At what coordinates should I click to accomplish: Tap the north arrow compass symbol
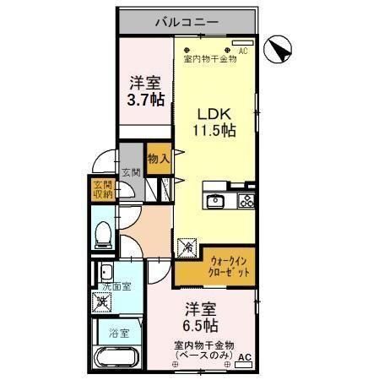coord(279,51)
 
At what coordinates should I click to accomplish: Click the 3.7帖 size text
coord(144,100)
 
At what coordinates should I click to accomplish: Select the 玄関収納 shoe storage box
coord(102,191)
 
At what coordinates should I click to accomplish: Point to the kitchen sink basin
coord(215,201)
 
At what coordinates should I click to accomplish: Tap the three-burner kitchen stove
coord(246,201)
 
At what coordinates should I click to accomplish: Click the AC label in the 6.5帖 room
coord(244,359)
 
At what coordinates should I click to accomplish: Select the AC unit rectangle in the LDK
coord(242,41)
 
